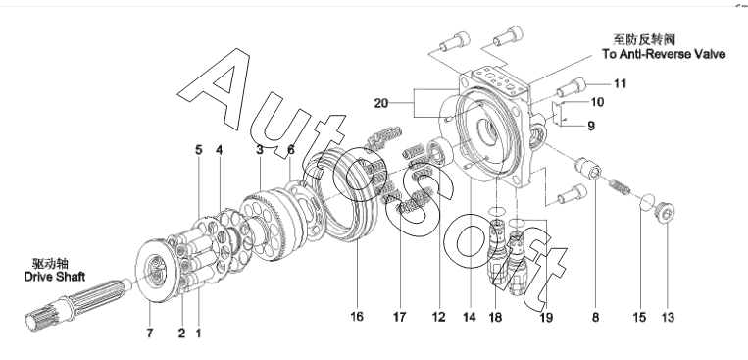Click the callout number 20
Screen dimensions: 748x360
click(380, 103)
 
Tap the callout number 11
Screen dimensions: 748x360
click(620, 84)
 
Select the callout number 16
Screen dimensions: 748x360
click(356, 317)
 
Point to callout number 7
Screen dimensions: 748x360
click(150, 333)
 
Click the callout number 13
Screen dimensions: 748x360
click(668, 317)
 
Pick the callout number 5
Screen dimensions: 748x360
click(198, 150)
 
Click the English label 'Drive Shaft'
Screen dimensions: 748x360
click(55, 277)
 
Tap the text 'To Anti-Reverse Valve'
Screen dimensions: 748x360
click(664, 54)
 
